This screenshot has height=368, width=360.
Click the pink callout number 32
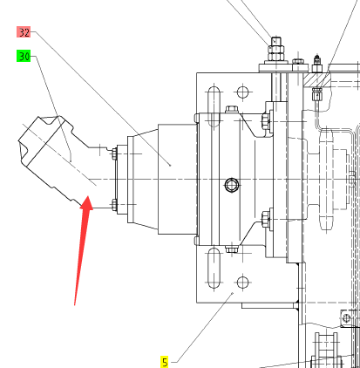[24, 32]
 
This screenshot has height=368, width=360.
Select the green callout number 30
[24, 56]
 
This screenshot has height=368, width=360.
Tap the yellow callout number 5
[165, 362]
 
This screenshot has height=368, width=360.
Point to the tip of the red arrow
[88, 197]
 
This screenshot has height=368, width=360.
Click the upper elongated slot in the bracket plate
[214, 106]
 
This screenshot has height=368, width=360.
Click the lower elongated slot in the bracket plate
[214, 268]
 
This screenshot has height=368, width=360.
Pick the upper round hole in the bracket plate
[242, 92]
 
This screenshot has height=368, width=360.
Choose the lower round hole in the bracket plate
[242, 282]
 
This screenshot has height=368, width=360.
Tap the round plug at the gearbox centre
[232, 185]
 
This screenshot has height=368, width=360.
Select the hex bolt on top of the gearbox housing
[232, 110]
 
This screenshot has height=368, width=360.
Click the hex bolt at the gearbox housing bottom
[232, 249]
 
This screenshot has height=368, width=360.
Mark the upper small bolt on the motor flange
[114, 153]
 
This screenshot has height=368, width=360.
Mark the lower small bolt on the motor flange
[114, 205]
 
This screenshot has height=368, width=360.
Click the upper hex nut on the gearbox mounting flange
[266, 120]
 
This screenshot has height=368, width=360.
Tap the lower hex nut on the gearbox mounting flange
[266, 219]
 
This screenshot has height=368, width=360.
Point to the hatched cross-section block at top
[316, 79]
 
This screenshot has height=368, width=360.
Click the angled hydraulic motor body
[54, 160]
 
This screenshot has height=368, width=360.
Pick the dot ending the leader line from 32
[170, 166]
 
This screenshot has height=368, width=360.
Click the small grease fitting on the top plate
[317, 64]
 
